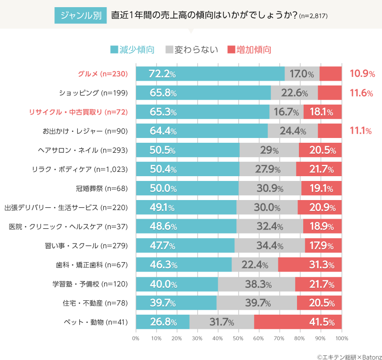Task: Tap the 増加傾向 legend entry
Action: point(249,49)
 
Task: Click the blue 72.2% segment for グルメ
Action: point(210,74)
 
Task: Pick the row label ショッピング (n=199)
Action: point(93,93)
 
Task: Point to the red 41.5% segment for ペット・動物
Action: point(298,322)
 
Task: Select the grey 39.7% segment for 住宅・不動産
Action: point(257,303)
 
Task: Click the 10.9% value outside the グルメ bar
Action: point(361,74)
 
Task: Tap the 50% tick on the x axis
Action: point(238,339)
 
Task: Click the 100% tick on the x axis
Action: point(341,339)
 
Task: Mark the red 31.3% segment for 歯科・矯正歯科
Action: point(310,265)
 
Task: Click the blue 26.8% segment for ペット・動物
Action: point(162,322)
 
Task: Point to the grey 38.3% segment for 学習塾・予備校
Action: point(256,284)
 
